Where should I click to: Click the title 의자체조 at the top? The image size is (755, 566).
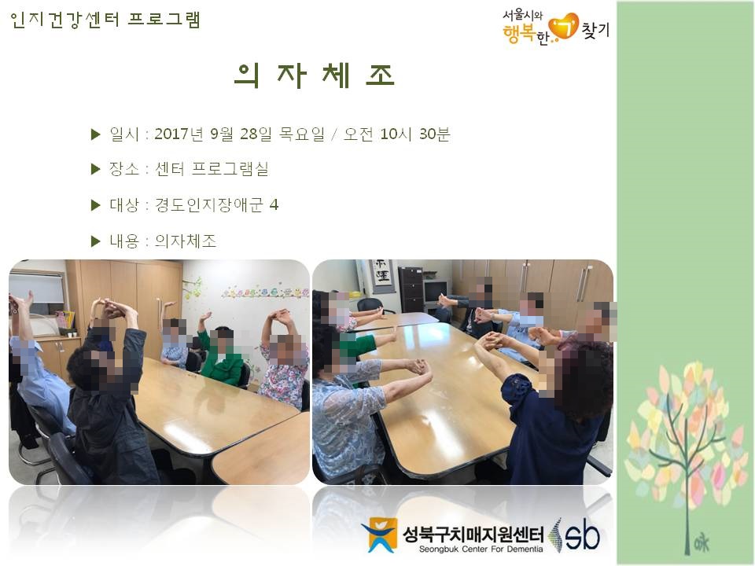coord(315,76)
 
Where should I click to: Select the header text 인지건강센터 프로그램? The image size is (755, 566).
coord(105,20)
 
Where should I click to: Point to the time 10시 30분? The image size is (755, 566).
coord(415,134)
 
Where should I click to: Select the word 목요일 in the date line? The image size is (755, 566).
coord(301,134)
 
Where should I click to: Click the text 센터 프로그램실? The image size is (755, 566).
coord(212,169)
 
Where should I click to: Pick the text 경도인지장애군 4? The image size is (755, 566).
coord(216,205)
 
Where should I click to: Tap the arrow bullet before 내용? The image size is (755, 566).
coord(95,241)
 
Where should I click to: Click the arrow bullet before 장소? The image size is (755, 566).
coord(95,169)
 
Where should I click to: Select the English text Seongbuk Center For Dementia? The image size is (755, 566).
coord(481,549)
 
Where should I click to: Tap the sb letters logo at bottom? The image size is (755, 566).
coord(582,535)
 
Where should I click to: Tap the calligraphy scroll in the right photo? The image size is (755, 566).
coord(382,274)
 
